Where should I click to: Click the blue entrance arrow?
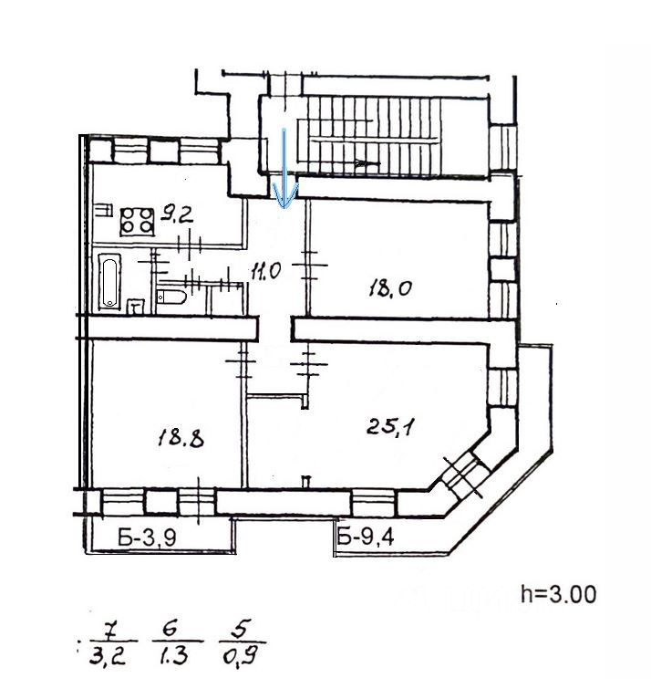[x=285, y=169]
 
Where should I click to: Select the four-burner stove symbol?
[x=138, y=220]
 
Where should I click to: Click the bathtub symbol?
[x=108, y=280]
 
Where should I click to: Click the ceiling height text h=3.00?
[x=559, y=594]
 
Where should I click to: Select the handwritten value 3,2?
[x=112, y=654]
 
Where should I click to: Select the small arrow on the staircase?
[x=365, y=163]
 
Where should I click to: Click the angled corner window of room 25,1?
[x=460, y=475]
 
